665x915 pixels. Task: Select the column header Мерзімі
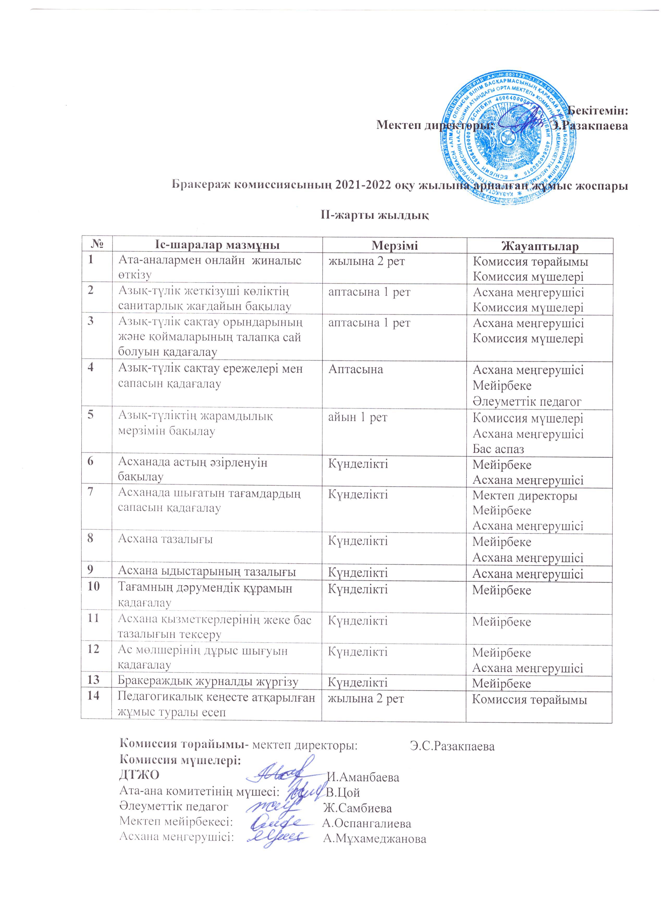pyautogui.click(x=395, y=246)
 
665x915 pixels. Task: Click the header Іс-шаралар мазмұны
pyautogui.click(x=217, y=246)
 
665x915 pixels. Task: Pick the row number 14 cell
pyautogui.click(x=94, y=695)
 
